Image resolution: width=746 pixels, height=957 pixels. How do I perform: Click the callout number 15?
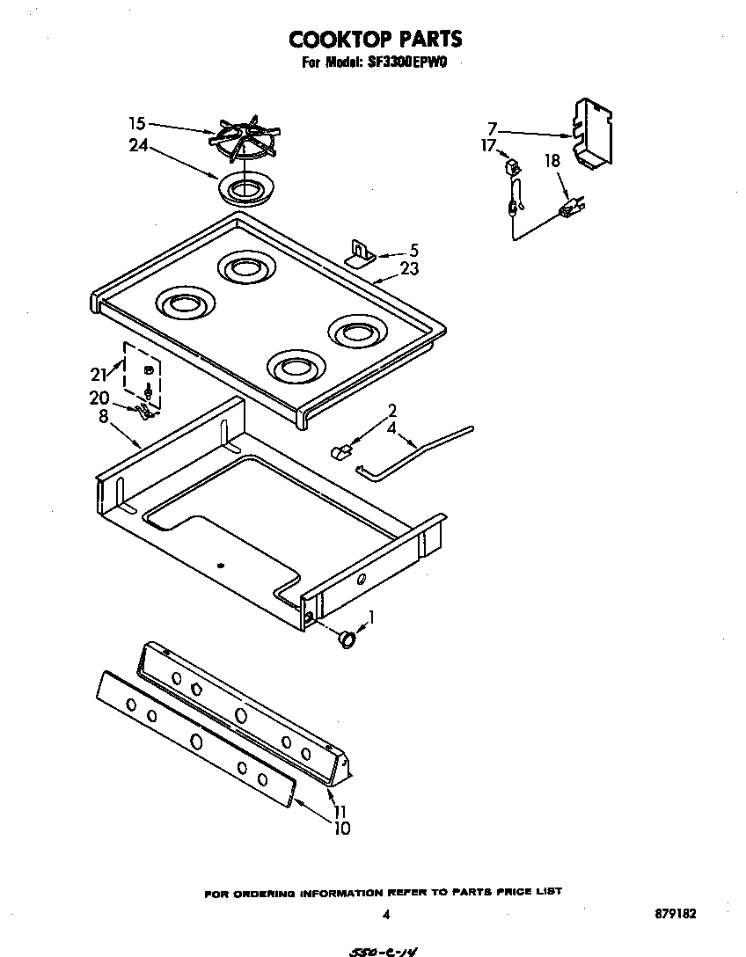point(136,124)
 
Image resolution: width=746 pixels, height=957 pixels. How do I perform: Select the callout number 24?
point(137,146)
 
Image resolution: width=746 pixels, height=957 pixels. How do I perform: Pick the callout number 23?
point(409,270)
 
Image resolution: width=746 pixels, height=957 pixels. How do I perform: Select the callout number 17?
point(488,145)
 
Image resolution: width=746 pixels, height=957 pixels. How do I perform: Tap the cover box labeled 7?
point(592,133)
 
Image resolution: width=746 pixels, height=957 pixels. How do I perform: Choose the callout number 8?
point(103,416)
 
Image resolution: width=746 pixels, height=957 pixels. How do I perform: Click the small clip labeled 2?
point(341,451)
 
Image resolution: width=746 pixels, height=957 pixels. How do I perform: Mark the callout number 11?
point(340,811)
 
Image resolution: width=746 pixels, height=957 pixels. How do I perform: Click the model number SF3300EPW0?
point(411,62)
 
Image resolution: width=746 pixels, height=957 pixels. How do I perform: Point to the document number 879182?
point(677,914)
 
